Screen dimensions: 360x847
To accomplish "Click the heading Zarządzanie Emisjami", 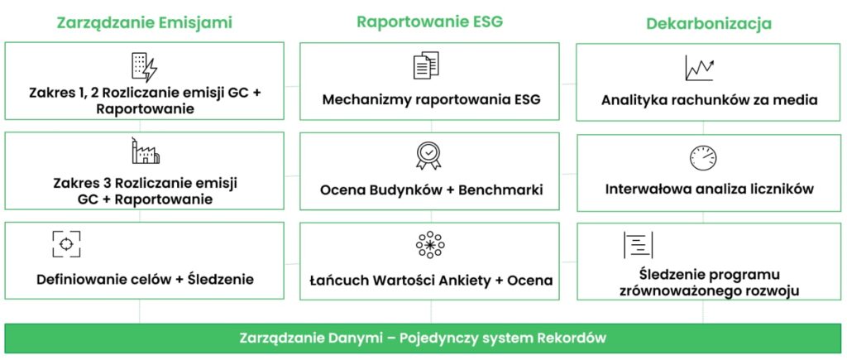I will pos(145,22).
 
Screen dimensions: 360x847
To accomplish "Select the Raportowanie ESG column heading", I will pos(429,22).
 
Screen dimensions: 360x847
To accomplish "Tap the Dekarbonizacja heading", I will pos(709,23).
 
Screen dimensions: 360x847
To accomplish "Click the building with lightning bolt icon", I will pos(144,66).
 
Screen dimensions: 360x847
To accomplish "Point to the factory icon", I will pos(146,151).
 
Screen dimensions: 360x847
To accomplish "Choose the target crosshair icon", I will pos(66,243).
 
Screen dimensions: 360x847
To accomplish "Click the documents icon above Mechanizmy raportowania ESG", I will pos(426,66).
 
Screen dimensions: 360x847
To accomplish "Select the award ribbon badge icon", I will pos(428,155).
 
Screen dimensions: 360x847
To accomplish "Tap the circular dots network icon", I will pos(429,245).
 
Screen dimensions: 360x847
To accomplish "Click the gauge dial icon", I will pos(702,157).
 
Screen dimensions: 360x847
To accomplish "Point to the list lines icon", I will pos(638,245).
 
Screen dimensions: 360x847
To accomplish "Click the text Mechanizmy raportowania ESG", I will pos(431,101).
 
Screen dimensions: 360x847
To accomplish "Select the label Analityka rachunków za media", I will pos(710,101).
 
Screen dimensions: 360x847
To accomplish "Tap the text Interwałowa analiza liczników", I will pos(709,189).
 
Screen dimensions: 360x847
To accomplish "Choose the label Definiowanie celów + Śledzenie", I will pos(145,279).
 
